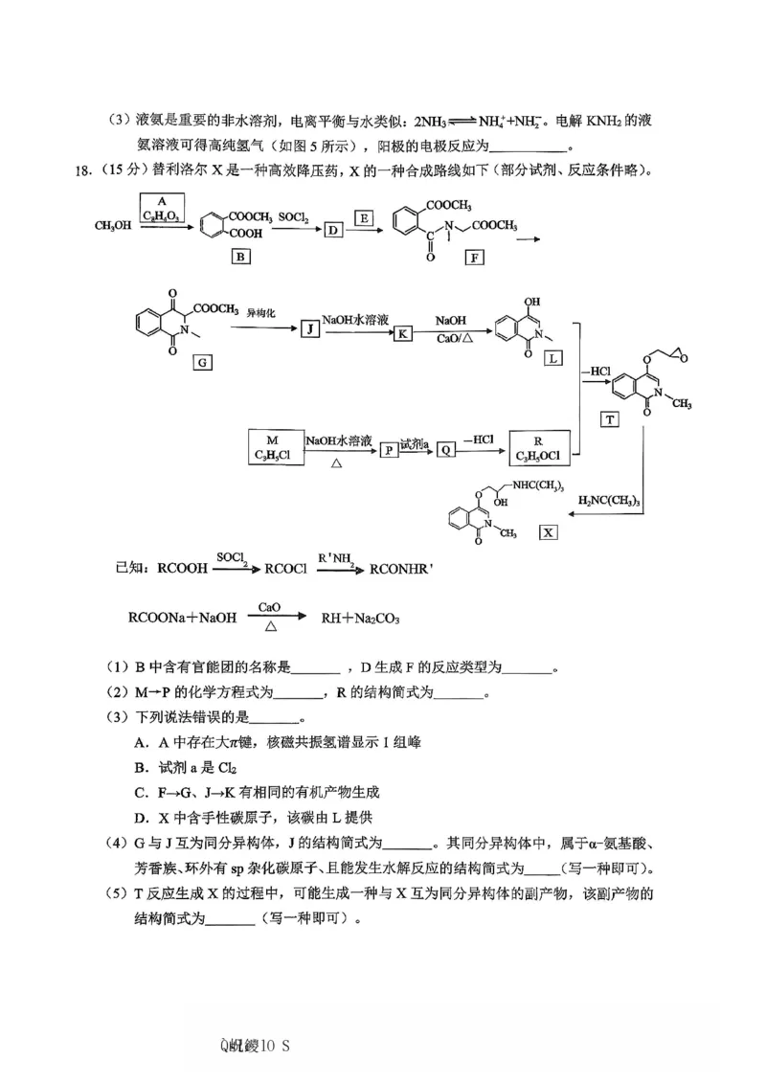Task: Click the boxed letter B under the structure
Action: click(240, 257)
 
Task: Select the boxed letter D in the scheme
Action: click(333, 230)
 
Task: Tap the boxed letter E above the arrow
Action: click(364, 219)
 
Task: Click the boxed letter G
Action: click(201, 362)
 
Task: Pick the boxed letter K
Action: click(403, 332)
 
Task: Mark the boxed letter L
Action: click(553, 358)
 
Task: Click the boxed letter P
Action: click(389, 449)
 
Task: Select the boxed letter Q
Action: click(445, 449)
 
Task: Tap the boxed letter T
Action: click(609, 418)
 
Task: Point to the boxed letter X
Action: click(548, 531)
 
